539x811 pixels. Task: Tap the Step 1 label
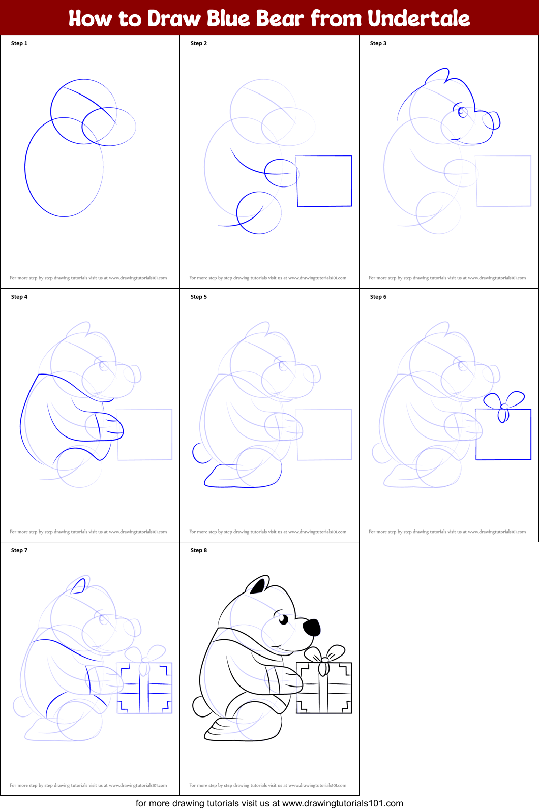tap(19, 43)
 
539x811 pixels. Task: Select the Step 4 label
tap(19, 297)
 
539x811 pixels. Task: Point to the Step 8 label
tap(199, 550)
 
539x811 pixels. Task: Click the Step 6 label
tap(378, 297)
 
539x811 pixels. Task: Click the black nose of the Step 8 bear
tap(312, 627)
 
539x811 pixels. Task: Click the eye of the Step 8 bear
tap(283, 619)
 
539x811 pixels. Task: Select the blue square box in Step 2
tap(324, 181)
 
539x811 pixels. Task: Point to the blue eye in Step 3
tap(463, 112)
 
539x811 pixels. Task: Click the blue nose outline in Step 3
tap(492, 121)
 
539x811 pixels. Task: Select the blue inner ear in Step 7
tap(78, 587)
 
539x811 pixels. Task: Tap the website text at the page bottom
tap(269, 803)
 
